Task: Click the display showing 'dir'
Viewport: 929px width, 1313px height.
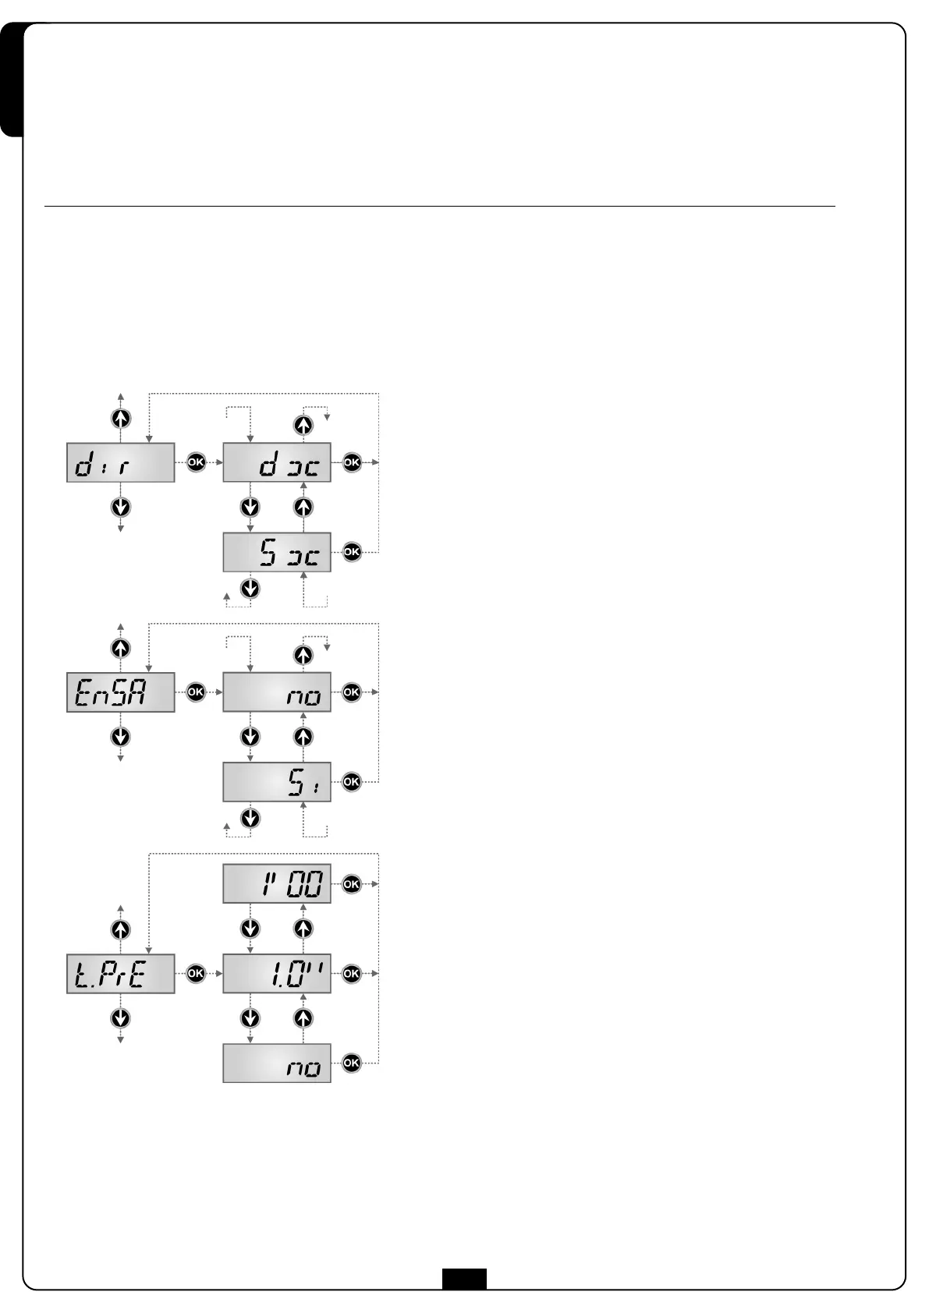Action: pyautogui.click(x=120, y=462)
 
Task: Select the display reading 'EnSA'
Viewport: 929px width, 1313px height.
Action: pyautogui.click(x=120, y=692)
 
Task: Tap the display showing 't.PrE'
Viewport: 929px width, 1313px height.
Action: pyautogui.click(x=120, y=973)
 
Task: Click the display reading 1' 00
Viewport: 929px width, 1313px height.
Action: pyautogui.click(x=277, y=883)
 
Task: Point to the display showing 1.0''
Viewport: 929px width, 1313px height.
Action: pyautogui.click(x=277, y=973)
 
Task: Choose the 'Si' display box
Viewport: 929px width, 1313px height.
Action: pyautogui.click(x=277, y=782)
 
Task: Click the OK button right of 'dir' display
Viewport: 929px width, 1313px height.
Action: pyautogui.click(x=195, y=462)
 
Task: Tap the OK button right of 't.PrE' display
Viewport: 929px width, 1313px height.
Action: pyautogui.click(x=195, y=973)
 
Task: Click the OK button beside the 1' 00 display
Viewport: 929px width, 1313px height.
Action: pyautogui.click(x=352, y=883)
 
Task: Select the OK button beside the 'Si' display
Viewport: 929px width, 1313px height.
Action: pyautogui.click(x=352, y=781)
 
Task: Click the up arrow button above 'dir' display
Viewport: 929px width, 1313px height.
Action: pyautogui.click(x=120, y=418)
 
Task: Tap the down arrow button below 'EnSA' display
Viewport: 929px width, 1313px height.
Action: pyautogui.click(x=120, y=737)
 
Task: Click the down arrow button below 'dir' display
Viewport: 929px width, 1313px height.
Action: pyautogui.click(x=120, y=508)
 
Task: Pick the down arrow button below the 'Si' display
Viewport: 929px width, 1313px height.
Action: pyautogui.click(x=250, y=818)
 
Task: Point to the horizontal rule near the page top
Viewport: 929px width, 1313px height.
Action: pyautogui.click(x=439, y=207)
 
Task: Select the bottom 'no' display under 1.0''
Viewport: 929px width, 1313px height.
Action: pyautogui.click(x=277, y=1063)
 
